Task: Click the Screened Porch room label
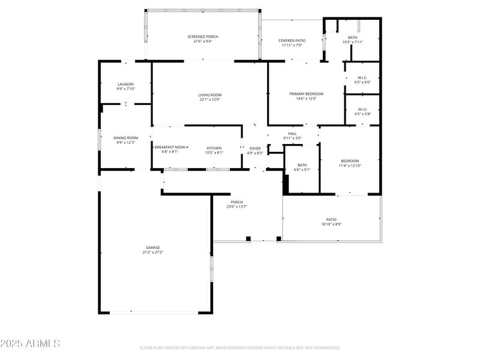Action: pyautogui.click(x=202, y=39)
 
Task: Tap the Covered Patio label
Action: pyautogui.click(x=292, y=43)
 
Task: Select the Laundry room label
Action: pyautogui.click(x=125, y=86)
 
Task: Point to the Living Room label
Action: pyautogui.click(x=210, y=97)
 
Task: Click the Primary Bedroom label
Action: pyautogui.click(x=306, y=96)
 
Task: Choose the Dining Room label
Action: pyautogui.click(x=125, y=140)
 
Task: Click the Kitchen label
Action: pyautogui.click(x=214, y=150)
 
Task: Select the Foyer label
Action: pyautogui.click(x=255, y=150)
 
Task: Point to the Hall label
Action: pyautogui.click(x=292, y=136)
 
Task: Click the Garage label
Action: pyautogui.click(x=152, y=250)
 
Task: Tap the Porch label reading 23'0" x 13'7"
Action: pyautogui.click(x=237, y=204)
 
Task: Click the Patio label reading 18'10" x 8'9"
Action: pyautogui.click(x=331, y=221)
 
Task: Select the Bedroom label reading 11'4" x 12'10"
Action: pyautogui.click(x=350, y=163)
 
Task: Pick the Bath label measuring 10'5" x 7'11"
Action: pyautogui.click(x=353, y=40)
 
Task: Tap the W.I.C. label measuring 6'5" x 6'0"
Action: pyautogui.click(x=362, y=79)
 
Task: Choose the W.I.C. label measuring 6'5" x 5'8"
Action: pyautogui.click(x=362, y=112)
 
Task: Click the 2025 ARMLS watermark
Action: pyautogui.click(x=30, y=344)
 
